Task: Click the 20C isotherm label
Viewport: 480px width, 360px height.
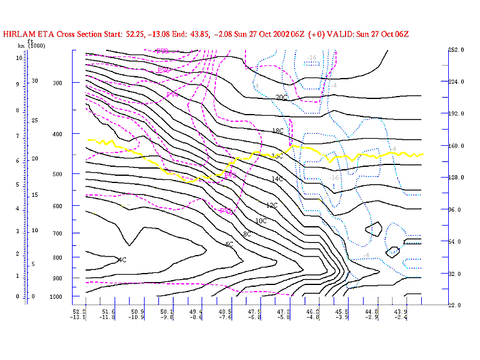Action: pyautogui.click(x=281, y=97)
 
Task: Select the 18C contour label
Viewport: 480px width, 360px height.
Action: pyautogui.click(x=277, y=131)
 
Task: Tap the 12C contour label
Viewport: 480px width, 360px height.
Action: pyautogui.click(x=272, y=205)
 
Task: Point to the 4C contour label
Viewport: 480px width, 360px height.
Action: pyautogui.click(x=122, y=260)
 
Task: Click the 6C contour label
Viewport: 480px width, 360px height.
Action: pyautogui.click(x=229, y=244)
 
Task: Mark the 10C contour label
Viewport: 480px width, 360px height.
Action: pyautogui.click(x=261, y=221)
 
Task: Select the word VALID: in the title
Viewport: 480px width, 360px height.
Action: pyautogui.click(x=345, y=34)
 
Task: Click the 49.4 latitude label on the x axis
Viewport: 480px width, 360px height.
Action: pyautogui.click(x=196, y=311)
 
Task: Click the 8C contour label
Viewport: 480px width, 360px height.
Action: pyautogui.click(x=247, y=234)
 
